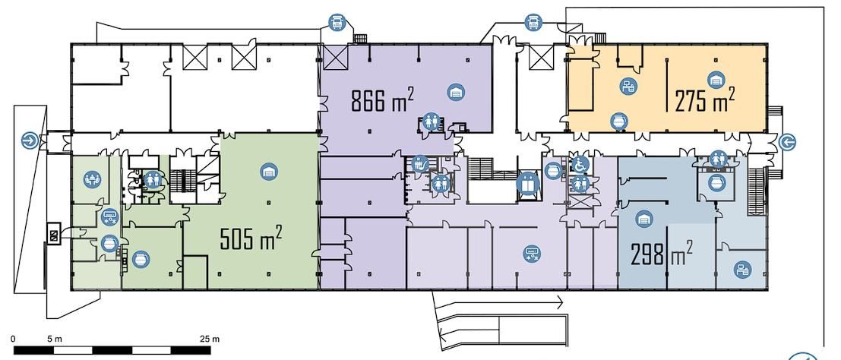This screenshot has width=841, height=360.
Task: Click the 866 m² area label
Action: (382, 99)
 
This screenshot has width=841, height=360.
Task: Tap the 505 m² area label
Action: (251, 238)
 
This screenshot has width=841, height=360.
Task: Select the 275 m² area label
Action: (704, 99)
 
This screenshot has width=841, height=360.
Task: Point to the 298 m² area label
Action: (661, 253)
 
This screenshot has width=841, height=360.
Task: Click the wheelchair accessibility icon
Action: (579, 165)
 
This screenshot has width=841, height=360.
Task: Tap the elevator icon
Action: (527, 184)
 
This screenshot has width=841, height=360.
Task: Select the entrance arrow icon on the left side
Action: (30, 141)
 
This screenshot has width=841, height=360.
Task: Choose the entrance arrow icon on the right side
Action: (787, 141)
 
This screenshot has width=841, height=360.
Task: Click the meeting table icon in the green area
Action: (92, 178)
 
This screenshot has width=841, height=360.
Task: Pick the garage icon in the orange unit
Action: (716, 80)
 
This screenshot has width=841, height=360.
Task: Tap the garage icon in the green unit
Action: (269, 172)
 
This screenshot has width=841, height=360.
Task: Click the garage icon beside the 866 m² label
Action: (456, 92)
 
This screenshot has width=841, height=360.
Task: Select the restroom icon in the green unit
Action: (153, 178)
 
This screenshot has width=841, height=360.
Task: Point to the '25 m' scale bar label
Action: (209, 339)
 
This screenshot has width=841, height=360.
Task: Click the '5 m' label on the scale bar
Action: (55, 339)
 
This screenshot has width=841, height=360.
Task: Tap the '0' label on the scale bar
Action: (13, 339)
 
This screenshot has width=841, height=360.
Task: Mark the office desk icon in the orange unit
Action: (628, 85)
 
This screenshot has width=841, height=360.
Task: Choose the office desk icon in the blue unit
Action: (742, 269)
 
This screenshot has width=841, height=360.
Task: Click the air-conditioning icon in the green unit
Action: (109, 217)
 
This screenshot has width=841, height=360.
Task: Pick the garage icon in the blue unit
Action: (644, 219)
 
